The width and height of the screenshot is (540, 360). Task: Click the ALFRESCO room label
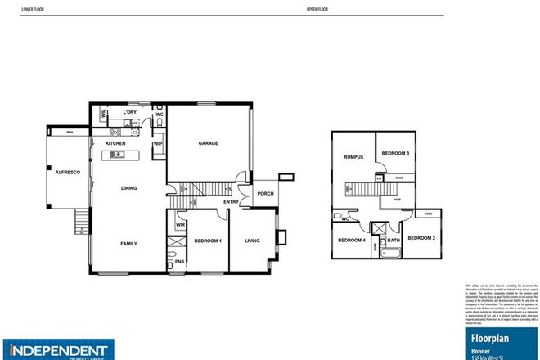(x=60, y=173)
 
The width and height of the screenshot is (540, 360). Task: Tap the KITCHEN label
(x=115, y=144)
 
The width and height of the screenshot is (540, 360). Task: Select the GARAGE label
(x=208, y=143)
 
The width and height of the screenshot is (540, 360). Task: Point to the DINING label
(x=128, y=189)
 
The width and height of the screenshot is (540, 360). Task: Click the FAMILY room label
(x=128, y=243)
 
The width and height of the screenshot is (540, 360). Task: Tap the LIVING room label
(x=253, y=241)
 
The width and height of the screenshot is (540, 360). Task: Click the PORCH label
(x=264, y=194)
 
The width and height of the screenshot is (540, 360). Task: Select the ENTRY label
(x=231, y=202)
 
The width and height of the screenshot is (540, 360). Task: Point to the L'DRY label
(x=128, y=112)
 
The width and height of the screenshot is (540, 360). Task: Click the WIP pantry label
(x=157, y=144)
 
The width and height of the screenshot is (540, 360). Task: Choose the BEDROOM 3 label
(x=396, y=154)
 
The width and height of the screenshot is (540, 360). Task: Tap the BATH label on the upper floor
(x=393, y=240)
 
